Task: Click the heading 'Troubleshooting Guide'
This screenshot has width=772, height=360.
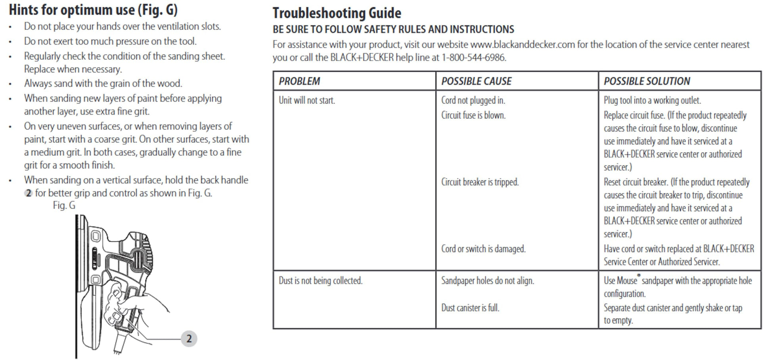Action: click(336, 13)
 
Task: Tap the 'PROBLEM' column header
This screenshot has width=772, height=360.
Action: click(299, 81)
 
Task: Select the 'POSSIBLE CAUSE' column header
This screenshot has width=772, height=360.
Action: click(476, 81)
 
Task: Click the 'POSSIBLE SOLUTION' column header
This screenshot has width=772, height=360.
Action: click(647, 81)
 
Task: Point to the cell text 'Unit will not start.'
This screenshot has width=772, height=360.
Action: click(307, 100)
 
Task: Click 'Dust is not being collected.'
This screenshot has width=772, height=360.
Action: click(320, 281)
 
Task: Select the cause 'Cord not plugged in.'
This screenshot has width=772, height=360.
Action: click(473, 100)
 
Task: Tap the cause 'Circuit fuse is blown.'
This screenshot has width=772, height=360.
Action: click(473, 115)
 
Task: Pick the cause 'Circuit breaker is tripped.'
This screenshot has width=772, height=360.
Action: click(480, 182)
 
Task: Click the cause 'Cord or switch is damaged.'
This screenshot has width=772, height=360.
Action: click(483, 249)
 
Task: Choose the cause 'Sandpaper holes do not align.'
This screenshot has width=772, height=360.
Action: click(488, 281)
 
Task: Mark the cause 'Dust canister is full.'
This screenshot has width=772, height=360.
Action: click(470, 308)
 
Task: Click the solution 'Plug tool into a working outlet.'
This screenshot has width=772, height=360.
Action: click(652, 100)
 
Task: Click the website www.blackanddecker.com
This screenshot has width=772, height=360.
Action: click(522, 44)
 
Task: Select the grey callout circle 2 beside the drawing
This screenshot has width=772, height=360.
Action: click(189, 339)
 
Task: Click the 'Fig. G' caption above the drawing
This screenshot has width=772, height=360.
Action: click(64, 205)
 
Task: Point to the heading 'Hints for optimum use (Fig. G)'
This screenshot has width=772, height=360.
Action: click(93, 10)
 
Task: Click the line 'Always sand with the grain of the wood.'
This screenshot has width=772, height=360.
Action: click(103, 83)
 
